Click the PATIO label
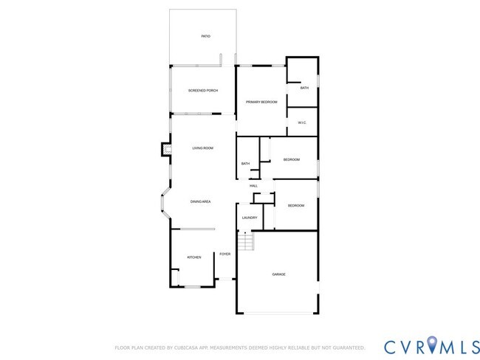coord(206,36)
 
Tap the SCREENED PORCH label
coord(203,91)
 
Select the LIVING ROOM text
coord(203,148)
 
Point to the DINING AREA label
coord(201,201)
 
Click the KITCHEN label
coord(193,257)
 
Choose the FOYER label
coord(225,254)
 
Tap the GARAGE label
coord(278,274)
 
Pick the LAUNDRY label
coord(250,218)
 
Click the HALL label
coord(253,185)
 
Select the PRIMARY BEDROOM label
coord(261,102)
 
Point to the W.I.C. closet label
coord(302,122)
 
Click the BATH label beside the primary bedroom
coord(304,89)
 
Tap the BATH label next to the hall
coord(245,164)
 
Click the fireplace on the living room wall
coord(166,150)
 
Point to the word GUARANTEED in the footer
coord(345,347)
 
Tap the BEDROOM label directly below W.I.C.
coord(292,159)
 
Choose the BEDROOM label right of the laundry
coord(296,205)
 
